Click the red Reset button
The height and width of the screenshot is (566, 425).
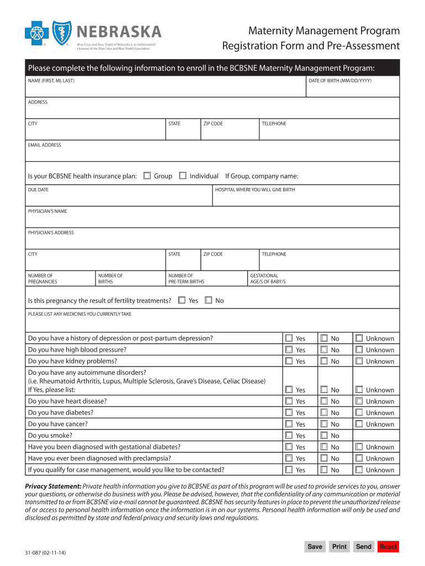[388, 547]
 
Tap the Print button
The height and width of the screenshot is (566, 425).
[339, 547]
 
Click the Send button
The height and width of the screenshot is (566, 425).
[364, 547]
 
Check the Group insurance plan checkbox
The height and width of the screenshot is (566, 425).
[147, 176]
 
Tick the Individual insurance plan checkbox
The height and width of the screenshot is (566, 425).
[183, 176]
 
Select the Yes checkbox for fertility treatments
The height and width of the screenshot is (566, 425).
[182, 300]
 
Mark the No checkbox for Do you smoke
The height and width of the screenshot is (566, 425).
[324, 436]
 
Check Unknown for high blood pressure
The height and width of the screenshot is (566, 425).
[359, 349]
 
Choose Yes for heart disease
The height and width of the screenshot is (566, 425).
[289, 401]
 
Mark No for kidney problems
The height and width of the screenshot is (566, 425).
[324, 361]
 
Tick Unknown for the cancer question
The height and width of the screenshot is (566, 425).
[359, 424]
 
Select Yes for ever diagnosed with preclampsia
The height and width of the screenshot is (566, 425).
[289, 458]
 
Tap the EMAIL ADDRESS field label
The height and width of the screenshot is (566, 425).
[45, 145]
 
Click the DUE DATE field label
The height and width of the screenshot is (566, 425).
[38, 190]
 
